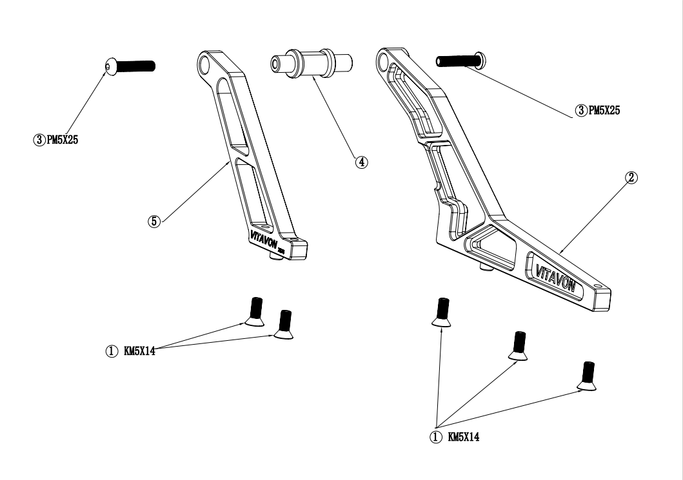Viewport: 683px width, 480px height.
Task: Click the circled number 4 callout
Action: (x=362, y=162)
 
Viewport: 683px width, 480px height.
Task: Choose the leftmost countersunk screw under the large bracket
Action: (x=442, y=311)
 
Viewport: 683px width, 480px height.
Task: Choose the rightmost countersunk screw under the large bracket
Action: (x=587, y=376)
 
